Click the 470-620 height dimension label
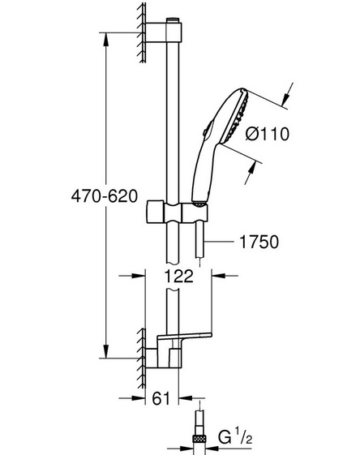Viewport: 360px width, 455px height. (x=105, y=196)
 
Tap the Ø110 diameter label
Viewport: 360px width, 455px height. (x=268, y=134)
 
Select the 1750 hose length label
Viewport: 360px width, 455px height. (x=259, y=242)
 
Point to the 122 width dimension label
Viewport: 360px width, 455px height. (x=178, y=276)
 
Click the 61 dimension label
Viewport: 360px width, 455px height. (x=161, y=398)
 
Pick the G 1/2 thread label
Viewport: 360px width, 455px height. (x=235, y=438)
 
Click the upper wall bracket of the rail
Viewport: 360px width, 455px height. (x=164, y=32)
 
